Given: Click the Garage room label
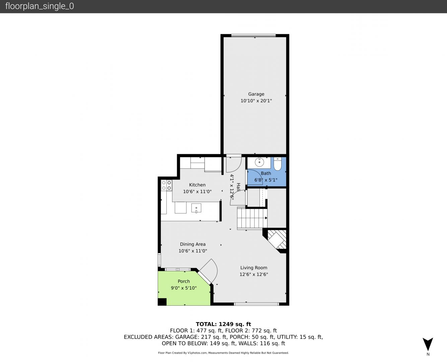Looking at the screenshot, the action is [256, 94].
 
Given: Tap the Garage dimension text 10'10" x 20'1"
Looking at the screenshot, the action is [256, 101].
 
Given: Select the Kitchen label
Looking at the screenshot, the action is [197, 185].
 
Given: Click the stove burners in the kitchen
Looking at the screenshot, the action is [166, 185].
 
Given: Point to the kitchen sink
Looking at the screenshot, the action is [196, 208].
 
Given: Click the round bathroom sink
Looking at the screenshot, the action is [259, 162].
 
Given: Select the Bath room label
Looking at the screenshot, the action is [266, 173].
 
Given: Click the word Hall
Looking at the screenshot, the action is [238, 187].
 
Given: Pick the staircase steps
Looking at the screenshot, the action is [252, 218].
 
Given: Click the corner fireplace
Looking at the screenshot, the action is [276, 240].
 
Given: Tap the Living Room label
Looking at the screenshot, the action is [253, 268].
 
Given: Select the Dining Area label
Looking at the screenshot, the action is [193, 244].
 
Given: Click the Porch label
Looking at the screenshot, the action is [183, 281].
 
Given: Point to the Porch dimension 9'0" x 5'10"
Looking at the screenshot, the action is [183, 288].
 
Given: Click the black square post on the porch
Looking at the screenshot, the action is [162, 302].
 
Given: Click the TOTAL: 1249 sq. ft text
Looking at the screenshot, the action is [223, 324].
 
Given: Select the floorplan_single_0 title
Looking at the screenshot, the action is [40, 6].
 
